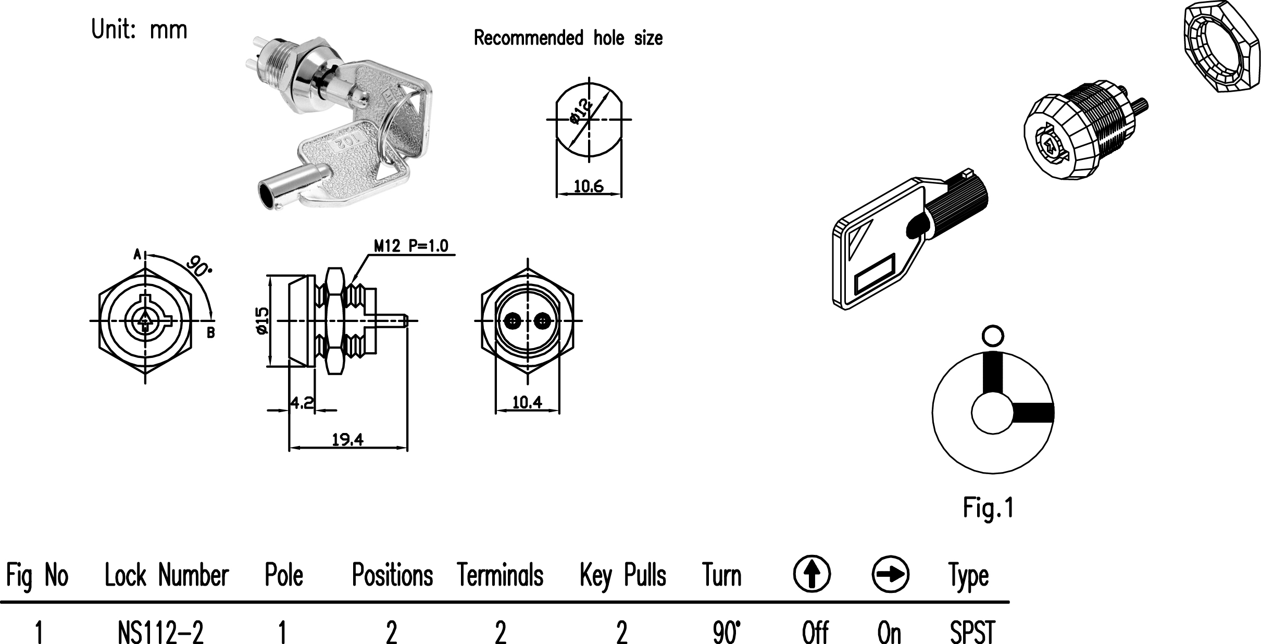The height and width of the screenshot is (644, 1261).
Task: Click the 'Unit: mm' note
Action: pos(139,30)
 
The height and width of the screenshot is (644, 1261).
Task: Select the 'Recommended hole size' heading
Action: pos(568,38)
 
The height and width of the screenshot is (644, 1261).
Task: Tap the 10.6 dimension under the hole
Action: pos(589,186)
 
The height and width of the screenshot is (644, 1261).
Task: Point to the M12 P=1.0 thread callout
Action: pos(411,246)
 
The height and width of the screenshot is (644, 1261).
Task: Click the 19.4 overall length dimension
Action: pos(347,440)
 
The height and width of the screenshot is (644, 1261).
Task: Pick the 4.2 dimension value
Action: pos(302,402)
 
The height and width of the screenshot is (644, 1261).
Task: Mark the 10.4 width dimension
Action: pos(527,402)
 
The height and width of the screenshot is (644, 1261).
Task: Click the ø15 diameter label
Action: pos(261,321)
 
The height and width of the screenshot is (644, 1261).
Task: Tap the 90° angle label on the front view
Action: pos(199,266)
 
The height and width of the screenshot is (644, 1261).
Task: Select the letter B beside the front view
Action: pos(211,333)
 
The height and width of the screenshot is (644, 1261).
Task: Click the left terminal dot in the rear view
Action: pos(513,321)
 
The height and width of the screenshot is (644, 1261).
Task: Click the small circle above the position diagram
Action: pos(992,336)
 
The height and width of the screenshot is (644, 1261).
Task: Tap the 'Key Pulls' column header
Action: pos(623,576)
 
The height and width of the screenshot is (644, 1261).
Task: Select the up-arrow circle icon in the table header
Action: pos(811,574)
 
